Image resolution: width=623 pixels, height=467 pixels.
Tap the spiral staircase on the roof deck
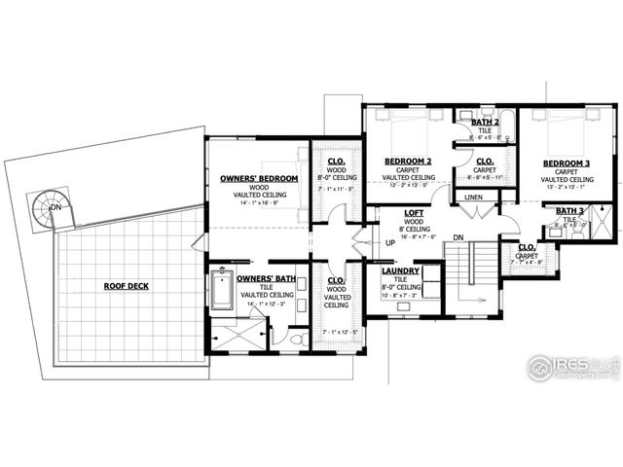pyautogui.click(x=45, y=208)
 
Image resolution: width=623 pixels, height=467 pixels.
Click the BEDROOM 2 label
pyautogui.click(x=408, y=161)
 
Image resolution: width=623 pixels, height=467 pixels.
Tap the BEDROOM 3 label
pyautogui.click(x=567, y=162)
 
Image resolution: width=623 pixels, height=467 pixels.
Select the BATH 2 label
pyautogui.click(x=486, y=123)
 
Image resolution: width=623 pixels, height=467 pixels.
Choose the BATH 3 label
pyautogui.click(x=569, y=211)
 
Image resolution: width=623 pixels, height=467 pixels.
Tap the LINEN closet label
pyautogui.click(x=473, y=198)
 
